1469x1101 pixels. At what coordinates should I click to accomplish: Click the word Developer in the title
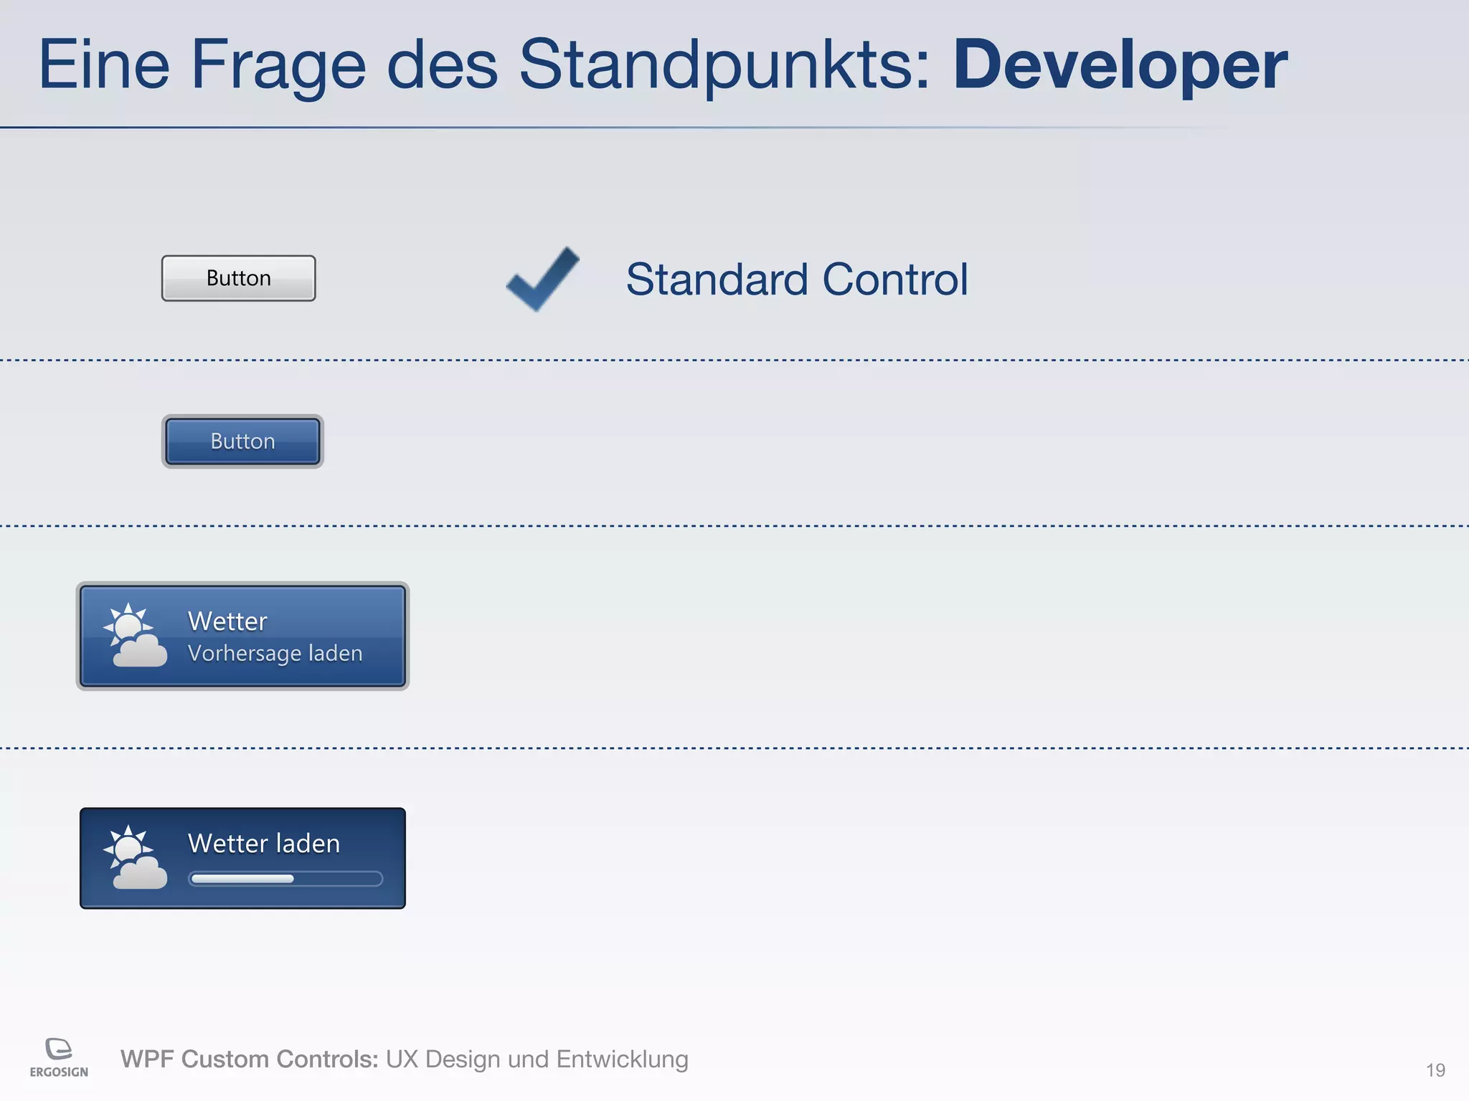coord(1120,66)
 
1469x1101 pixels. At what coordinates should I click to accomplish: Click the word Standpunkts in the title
coord(724,66)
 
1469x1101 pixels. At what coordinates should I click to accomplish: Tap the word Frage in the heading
coord(278,66)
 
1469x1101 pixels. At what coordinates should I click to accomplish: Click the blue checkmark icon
coord(543,279)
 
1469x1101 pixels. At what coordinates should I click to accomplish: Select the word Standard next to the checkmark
coord(717,279)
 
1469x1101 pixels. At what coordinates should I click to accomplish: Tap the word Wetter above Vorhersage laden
coord(227,621)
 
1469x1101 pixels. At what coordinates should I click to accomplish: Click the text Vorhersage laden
coord(275,653)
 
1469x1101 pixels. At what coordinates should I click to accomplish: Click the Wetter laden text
coord(263,843)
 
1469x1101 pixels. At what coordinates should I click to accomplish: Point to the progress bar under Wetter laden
coord(285,879)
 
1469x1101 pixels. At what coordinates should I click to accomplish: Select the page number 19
coord(1435,1070)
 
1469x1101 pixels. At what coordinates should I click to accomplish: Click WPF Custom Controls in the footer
coord(249,1059)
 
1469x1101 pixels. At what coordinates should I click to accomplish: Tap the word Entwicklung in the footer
coord(622,1059)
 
